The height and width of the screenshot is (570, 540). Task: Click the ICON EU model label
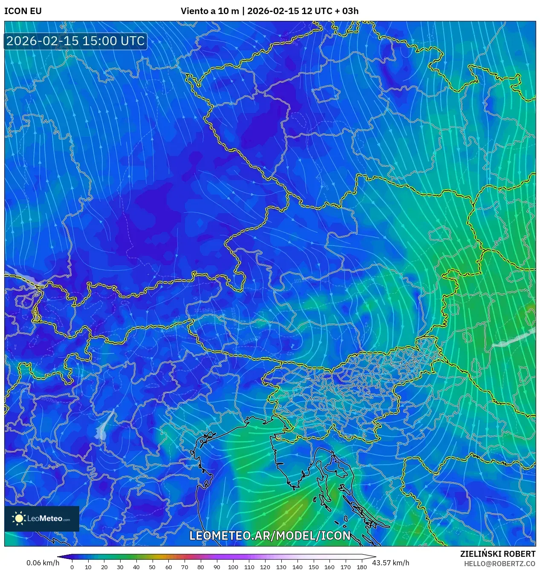click(23, 11)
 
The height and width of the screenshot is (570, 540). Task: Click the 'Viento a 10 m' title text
click(210, 11)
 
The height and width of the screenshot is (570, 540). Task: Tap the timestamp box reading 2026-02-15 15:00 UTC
click(75, 41)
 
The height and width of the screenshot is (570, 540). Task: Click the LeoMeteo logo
click(42, 518)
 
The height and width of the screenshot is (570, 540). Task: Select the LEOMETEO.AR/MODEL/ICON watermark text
click(270, 536)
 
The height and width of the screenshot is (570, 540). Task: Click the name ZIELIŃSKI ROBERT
click(497, 554)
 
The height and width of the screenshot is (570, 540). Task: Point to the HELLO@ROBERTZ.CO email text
click(500, 564)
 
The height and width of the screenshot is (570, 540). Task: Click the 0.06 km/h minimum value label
click(43, 563)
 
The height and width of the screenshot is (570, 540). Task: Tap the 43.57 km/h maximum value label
click(390, 563)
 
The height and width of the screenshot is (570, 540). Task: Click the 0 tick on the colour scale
click(72, 567)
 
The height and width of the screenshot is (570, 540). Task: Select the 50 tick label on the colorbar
click(152, 567)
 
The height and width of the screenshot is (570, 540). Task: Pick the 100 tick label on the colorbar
click(233, 567)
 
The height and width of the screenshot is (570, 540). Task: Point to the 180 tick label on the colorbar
click(361, 567)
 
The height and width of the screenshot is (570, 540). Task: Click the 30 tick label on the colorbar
click(120, 567)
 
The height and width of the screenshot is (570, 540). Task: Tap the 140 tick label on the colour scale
click(297, 567)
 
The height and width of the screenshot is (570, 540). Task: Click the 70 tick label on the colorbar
click(185, 567)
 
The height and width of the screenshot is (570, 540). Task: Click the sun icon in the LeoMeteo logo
click(19, 518)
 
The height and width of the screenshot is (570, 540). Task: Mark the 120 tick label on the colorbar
click(265, 567)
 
